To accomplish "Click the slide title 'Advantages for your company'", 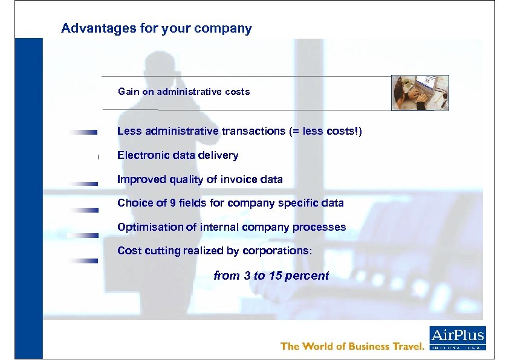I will (157, 28).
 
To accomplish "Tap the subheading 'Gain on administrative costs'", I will (184, 92).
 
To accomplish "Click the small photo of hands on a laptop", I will (420, 93).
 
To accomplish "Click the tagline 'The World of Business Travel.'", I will (352, 346).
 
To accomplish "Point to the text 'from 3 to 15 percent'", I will (271, 276).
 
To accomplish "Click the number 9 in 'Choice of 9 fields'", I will (173, 203).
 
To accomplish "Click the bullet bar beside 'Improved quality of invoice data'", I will (83, 183).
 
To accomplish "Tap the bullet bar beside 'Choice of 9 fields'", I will (83, 210).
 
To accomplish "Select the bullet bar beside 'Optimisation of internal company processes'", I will (83, 236).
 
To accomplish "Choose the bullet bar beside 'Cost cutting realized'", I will (83, 261).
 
